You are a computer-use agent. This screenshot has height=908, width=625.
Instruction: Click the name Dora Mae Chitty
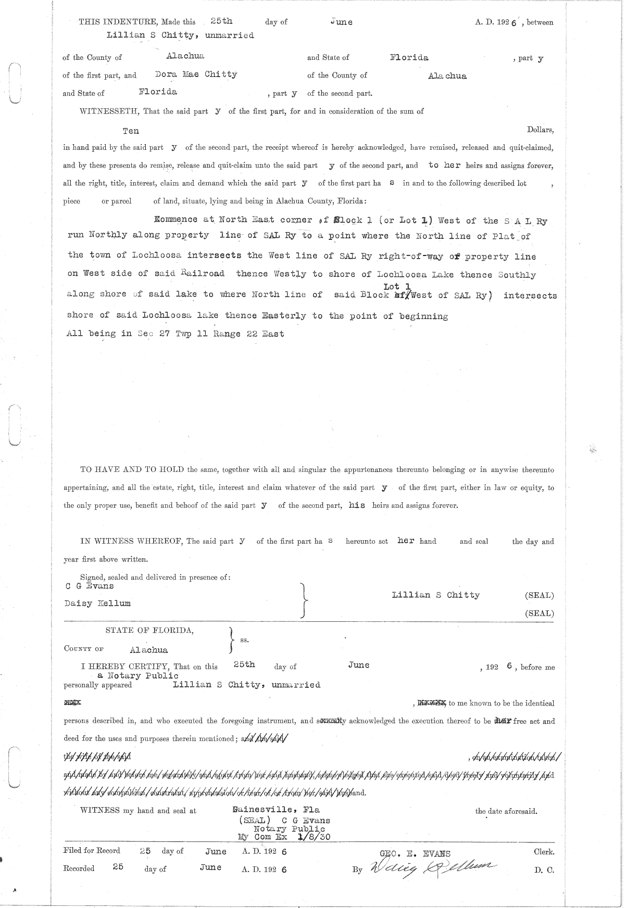196,74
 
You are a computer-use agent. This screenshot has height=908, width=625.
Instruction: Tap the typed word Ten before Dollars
131,131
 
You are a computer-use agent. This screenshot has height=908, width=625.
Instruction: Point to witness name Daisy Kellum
97,604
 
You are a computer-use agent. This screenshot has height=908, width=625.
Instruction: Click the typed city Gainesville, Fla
277,810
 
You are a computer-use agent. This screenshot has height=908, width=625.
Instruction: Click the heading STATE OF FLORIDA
150,630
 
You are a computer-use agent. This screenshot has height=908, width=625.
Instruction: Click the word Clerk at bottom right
544,852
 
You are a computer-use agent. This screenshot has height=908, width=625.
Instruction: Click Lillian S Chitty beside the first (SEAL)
436,595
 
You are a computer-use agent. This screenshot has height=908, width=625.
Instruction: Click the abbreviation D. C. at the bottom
544,869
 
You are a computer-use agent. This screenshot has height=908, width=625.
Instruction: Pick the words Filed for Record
92,851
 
